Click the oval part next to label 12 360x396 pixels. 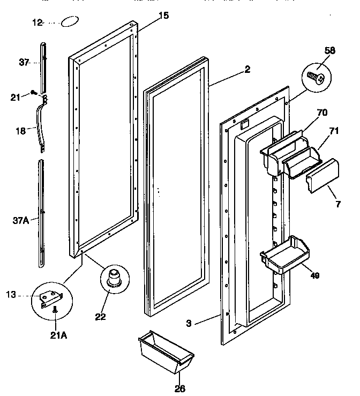70,23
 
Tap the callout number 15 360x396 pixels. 164,16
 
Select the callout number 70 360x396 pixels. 321,113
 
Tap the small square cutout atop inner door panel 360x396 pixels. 244,124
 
